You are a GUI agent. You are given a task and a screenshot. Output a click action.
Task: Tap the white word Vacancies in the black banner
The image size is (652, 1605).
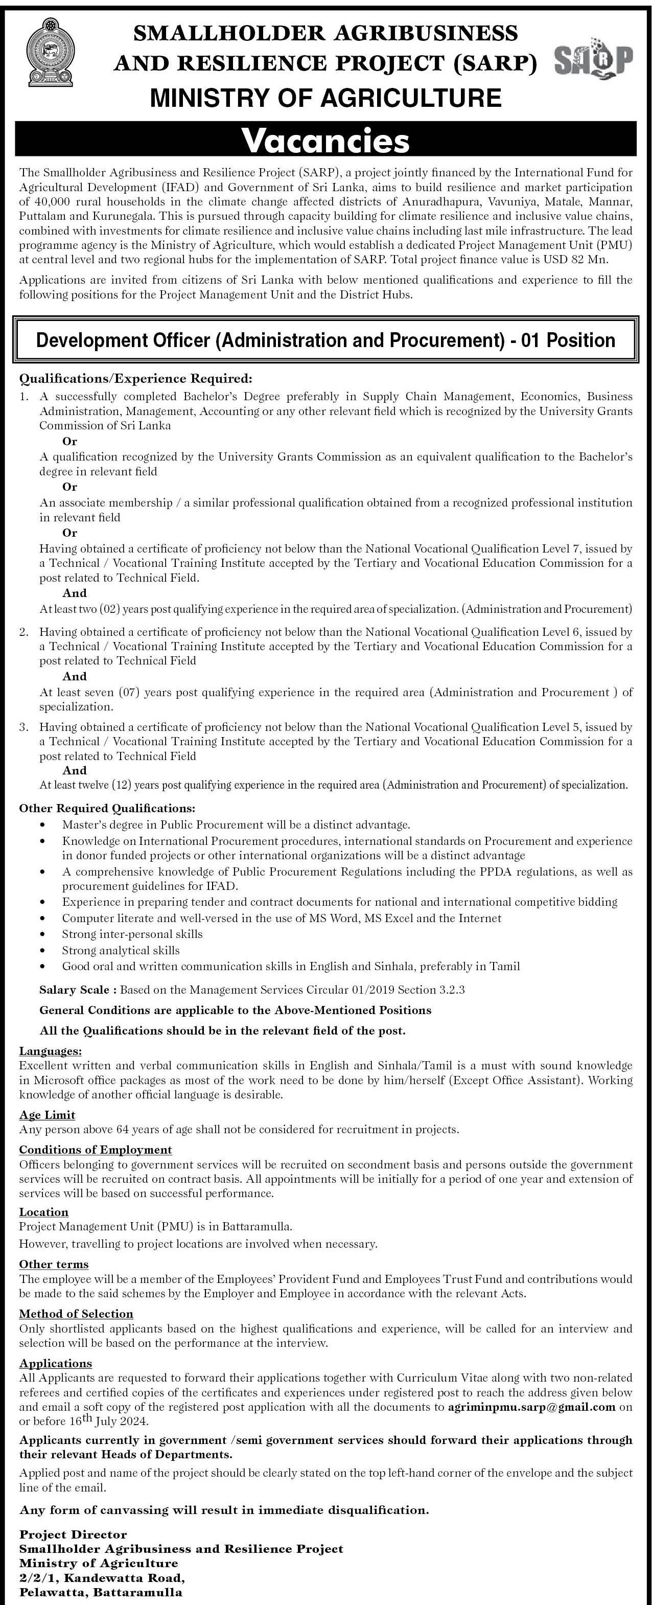[325, 140]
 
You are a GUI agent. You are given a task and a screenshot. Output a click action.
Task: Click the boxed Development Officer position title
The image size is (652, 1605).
[325, 340]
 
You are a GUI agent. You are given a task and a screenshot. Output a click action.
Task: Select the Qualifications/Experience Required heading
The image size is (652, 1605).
[136, 378]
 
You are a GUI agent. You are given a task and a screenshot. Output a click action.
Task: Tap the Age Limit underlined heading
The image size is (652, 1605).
[48, 1115]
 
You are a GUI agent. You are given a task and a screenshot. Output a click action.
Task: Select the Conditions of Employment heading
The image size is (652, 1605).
[95, 1150]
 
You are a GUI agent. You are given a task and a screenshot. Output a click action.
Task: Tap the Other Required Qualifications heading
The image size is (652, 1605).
[107, 808]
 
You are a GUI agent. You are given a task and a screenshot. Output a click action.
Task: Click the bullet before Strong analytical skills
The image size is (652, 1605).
[42, 951]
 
